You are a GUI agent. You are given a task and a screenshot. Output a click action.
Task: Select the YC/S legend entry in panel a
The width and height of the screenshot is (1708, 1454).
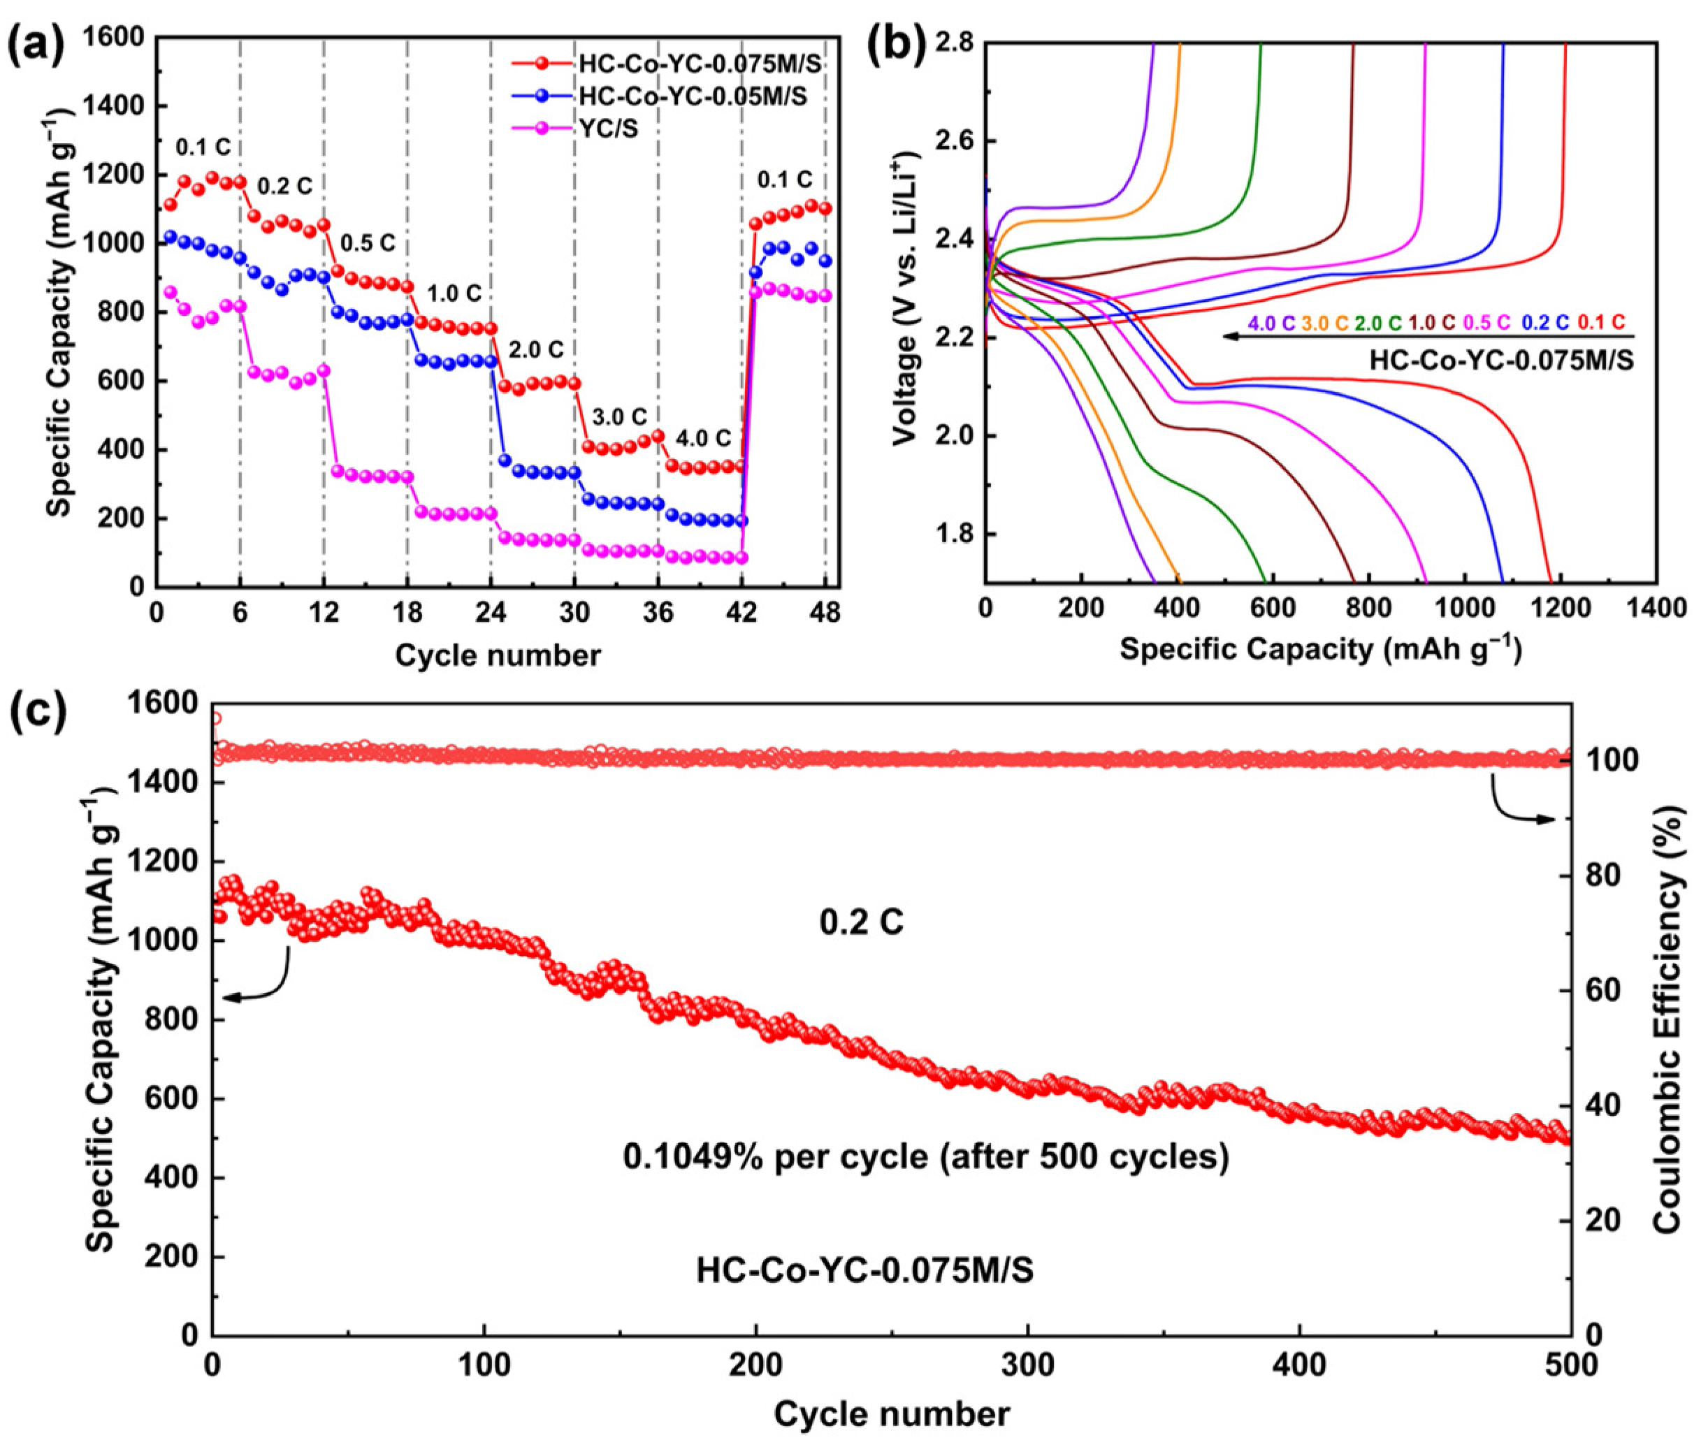coord(607,129)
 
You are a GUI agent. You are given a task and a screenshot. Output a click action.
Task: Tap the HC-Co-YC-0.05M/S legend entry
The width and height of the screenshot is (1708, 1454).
coord(693,96)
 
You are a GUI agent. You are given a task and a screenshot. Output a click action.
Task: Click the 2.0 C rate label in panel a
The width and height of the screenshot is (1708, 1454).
coord(536,349)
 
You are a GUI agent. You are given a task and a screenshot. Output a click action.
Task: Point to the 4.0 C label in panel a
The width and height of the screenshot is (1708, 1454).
coord(703,437)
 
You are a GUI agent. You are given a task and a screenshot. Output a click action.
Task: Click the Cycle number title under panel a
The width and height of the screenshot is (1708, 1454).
coord(497,655)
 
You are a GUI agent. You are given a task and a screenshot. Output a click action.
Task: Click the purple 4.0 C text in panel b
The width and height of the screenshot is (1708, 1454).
coord(1272,322)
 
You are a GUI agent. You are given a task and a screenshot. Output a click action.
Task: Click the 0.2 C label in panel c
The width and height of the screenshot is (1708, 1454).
coord(862,922)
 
